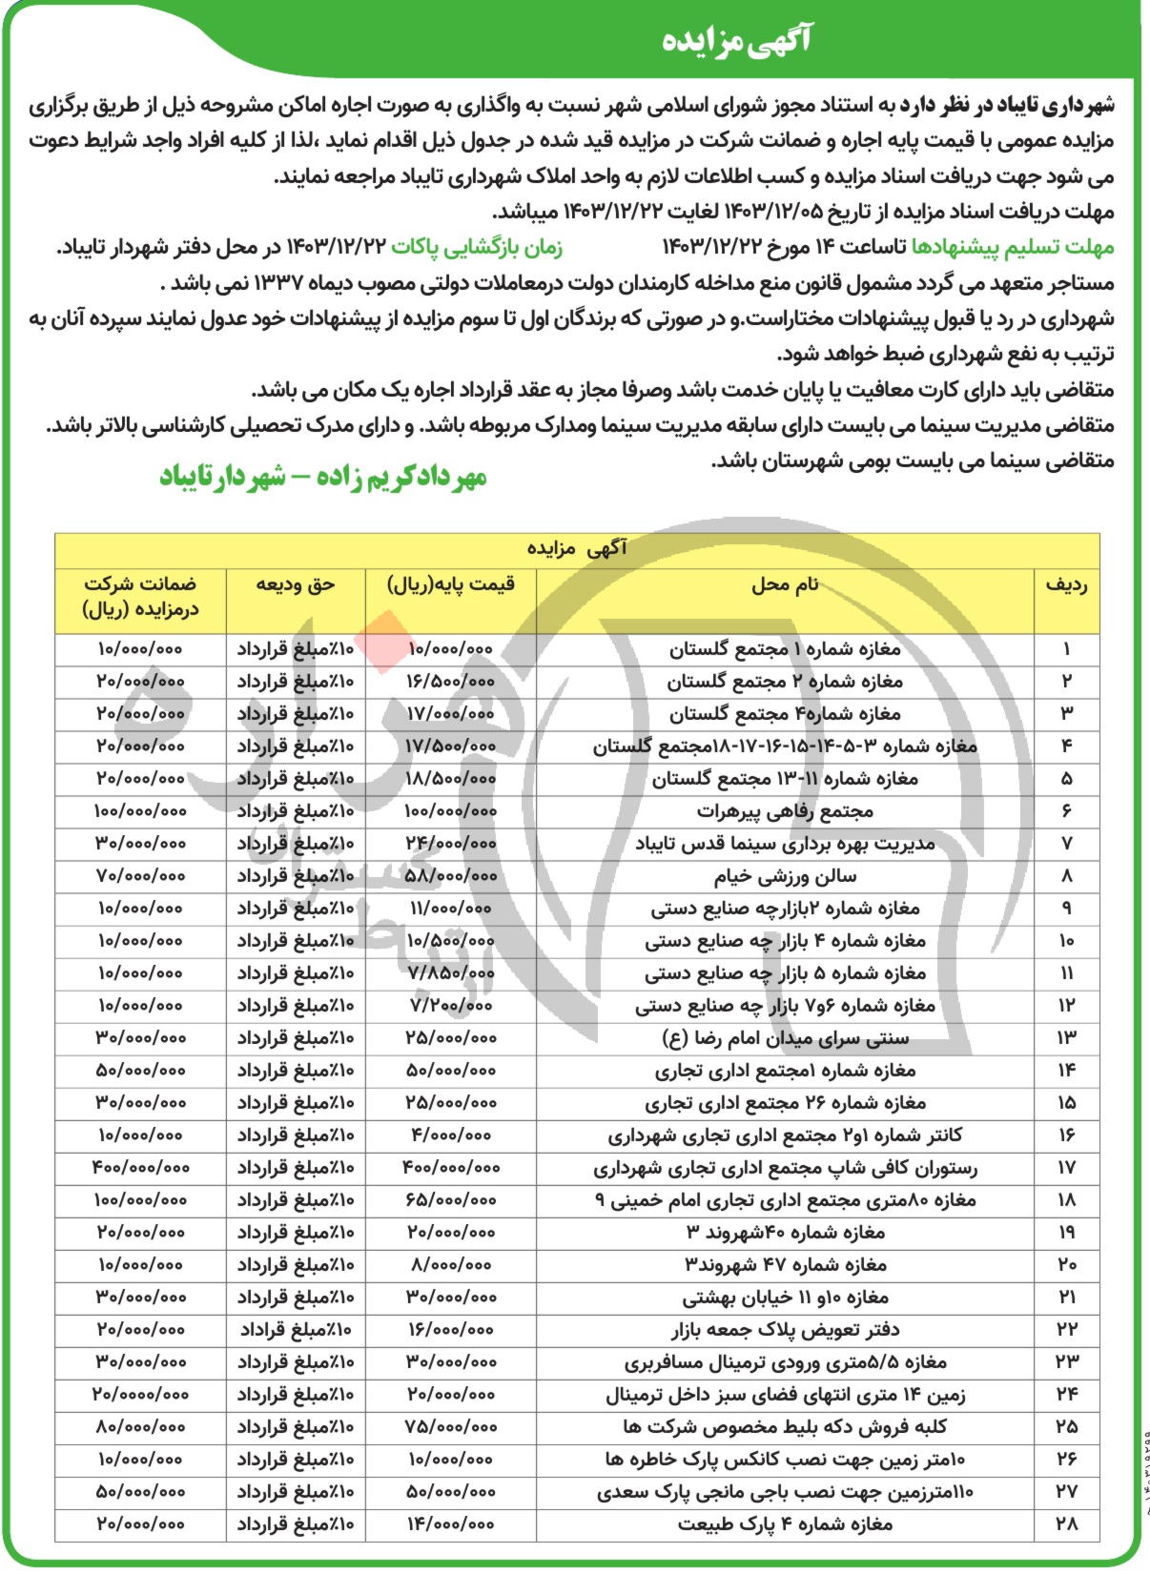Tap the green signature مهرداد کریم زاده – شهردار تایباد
[322, 476]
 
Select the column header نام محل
[785, 584]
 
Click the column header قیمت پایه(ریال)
[450, 584]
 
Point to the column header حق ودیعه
[296, 584]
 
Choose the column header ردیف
[1066, 584]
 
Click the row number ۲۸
[1066, 1523]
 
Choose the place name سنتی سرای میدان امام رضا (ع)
[785, 1038]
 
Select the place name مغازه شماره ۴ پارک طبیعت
[786, 1523]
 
